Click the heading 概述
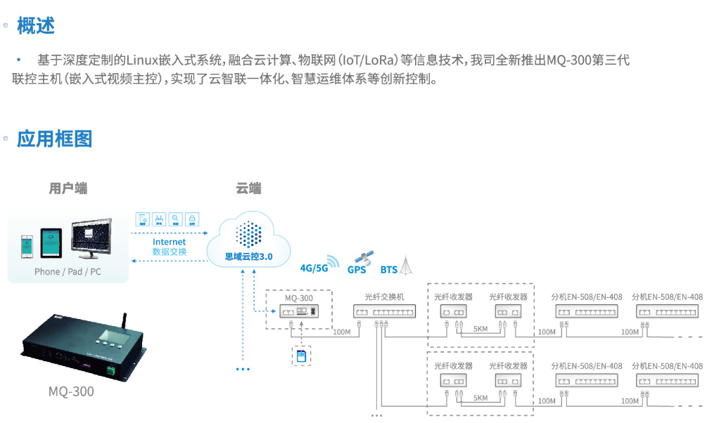36,26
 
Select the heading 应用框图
55,138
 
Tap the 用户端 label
68,188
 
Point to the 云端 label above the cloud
248,188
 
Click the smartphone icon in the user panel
26,246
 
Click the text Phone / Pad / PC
68,272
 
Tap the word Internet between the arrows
169,242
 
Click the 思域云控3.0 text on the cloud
248,256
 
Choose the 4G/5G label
314,268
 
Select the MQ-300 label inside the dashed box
299,298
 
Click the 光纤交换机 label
384,297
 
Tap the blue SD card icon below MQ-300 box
301,356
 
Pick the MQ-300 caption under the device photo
70,391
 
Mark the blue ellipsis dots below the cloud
243,368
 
